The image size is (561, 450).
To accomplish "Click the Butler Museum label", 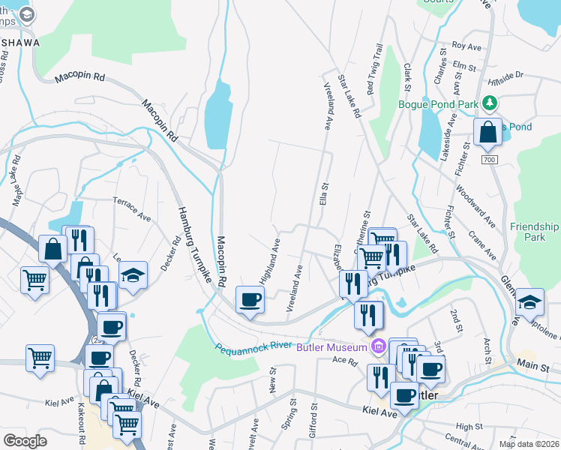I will click(331, 346).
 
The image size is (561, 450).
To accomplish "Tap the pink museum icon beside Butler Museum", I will click(377, 346).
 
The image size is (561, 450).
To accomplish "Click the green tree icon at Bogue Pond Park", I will click(490, 103).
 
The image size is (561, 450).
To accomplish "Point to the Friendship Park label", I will click(534, 231).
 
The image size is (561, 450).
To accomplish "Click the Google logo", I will click(25, 440).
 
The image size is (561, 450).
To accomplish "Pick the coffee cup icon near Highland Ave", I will click(250, 301).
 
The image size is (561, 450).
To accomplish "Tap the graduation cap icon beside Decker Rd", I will click(133, 274).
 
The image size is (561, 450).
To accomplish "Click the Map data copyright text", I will click(529, 443).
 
